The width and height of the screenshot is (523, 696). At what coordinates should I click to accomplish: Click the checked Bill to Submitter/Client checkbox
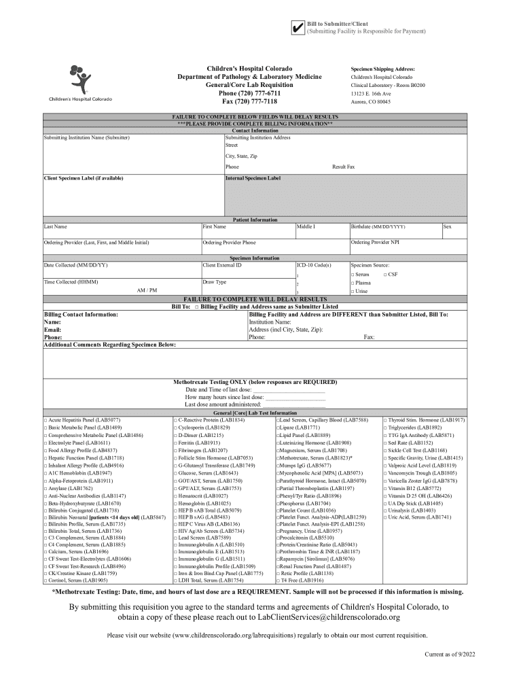pyautogui.click(x=296, y=28)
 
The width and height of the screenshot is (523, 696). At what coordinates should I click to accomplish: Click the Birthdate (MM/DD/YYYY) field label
pyautogui.click(x=378, y=226)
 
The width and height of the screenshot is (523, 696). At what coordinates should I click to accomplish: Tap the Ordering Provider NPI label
pyautogui.click(x=375, y=242)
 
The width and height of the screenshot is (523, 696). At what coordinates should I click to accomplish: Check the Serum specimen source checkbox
pyautogui.click(x=353, y=274)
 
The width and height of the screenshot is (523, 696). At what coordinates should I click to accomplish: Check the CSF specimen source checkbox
pyautogui.click(x=385, y=274)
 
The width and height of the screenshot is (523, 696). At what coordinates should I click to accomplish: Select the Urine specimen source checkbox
pyautogui.click(x=353, y=291)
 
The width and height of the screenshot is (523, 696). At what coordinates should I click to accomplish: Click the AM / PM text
pyautogui.click(x=147, y=290)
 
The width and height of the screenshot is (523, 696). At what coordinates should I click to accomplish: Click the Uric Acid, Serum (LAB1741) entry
pyautogui.click(x=419, y=517)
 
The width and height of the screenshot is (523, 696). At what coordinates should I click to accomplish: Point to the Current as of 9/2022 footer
pyautogui.click(x=450, y=654)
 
